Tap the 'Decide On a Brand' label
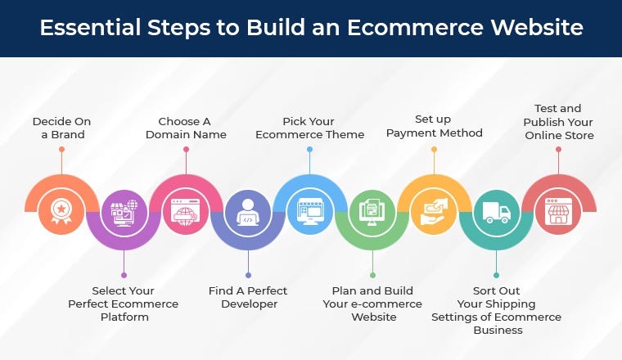tap(61, 128)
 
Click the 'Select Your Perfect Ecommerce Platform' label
tap(124, 304)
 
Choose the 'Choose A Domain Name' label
tap(186, 128)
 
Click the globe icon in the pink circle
tap(186, 212)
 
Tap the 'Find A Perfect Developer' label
tap(248, 297)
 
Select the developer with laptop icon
tap(248, 214)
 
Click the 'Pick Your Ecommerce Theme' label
tap(309, 128)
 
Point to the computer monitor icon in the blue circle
tap(310, 212)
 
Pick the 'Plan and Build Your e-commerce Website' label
tap(372, 304)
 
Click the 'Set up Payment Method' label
tap(434, 126)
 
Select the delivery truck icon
tap(496, 214)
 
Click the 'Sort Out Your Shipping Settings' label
tap(496, 310)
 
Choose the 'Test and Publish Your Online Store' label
tap(558, 121)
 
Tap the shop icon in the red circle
tap(558, 212)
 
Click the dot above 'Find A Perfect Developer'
tap(248, 275)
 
